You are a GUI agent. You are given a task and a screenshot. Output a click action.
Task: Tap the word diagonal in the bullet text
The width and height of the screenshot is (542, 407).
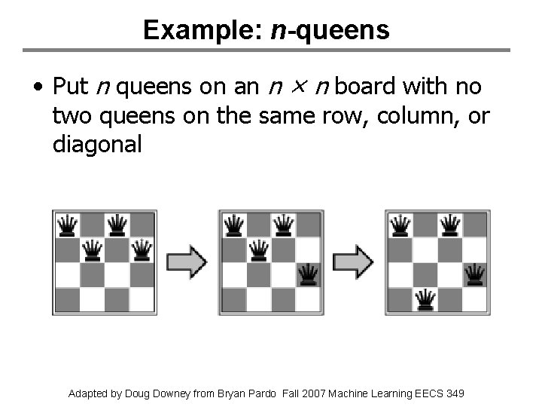tap(97, 144)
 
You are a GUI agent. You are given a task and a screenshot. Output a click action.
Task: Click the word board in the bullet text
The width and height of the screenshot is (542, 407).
tap(365, 88)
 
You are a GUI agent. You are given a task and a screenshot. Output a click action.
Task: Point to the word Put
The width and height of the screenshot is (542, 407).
tap(71, 88)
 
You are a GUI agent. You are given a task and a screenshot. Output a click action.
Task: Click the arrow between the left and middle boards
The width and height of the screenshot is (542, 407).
tap(187, 262)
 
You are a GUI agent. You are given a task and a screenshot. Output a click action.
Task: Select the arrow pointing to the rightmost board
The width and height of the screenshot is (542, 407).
tap(354, 262)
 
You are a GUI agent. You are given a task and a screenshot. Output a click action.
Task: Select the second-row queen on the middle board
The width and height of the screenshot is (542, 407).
tap(258, 249)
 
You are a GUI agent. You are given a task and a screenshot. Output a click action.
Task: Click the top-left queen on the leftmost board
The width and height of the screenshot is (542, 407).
tap(68, 225)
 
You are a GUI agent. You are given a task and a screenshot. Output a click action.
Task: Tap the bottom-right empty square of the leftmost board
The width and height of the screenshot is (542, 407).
tap(142, 299)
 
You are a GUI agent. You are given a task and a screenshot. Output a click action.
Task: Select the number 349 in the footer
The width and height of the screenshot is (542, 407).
tap(455, 393)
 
